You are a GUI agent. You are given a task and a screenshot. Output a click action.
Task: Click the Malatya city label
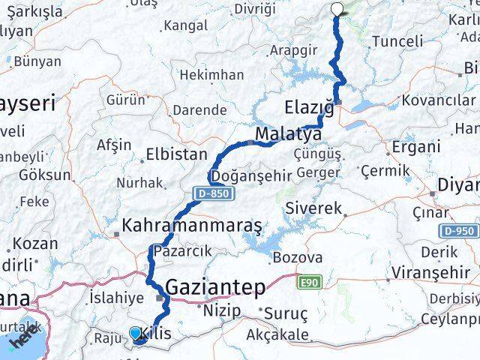[288, 134]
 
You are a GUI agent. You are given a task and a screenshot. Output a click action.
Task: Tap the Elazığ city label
[309, 107]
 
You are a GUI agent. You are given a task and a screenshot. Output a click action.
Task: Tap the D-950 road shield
[459, 231]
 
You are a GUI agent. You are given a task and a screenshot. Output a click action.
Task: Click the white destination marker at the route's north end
[337, 10]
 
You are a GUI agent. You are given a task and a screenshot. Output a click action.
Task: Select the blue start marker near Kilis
[136, 333]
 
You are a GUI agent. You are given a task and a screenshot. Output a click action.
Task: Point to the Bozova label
[298, 257]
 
